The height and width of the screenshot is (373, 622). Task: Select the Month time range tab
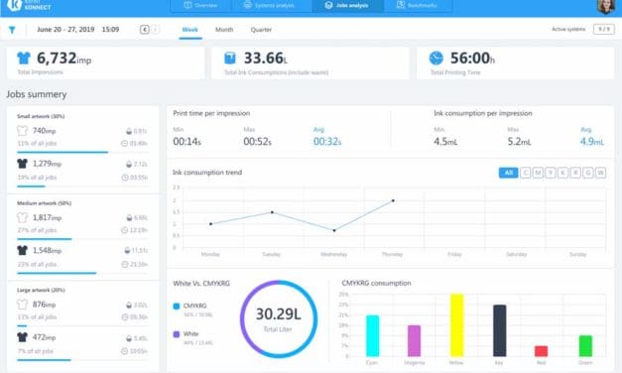point(224,30)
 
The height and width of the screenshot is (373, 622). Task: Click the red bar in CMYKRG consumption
point(541,350)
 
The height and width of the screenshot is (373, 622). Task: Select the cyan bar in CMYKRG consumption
point(373,335)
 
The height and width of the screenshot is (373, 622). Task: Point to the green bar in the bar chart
point(585,345)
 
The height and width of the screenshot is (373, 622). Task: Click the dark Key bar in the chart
point(499,329)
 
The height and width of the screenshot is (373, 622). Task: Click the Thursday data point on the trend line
point(393,200)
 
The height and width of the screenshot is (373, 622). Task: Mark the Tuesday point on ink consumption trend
point(272,212)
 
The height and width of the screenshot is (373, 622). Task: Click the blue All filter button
point(508,173)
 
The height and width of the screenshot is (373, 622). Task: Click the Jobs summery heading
point(37,94)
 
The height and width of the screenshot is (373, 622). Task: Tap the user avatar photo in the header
point(606,7)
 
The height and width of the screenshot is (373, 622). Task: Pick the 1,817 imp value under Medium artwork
point(50,216)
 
